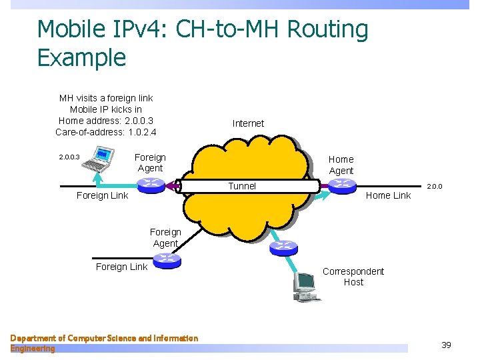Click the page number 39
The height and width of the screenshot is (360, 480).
point(446,345)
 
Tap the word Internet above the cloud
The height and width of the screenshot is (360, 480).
point(248,123)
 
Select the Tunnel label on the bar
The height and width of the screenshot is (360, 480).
point(242,186)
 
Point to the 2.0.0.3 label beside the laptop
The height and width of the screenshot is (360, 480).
point(69,158)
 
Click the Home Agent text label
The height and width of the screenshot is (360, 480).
point(341,165)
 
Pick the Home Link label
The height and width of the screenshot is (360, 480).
point(388,195)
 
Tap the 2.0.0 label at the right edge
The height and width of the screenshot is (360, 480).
point(435,187)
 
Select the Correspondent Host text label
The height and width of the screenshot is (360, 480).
point(353,276)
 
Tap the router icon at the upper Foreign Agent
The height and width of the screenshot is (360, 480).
point(151,185)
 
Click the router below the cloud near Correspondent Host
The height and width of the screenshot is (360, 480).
point(283,247)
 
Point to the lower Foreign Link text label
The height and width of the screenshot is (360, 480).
point(121,267)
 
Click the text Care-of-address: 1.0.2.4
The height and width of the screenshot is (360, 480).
point(106,132)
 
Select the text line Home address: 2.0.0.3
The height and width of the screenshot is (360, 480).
point(106,121)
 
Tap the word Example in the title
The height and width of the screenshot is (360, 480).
point(81,58)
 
